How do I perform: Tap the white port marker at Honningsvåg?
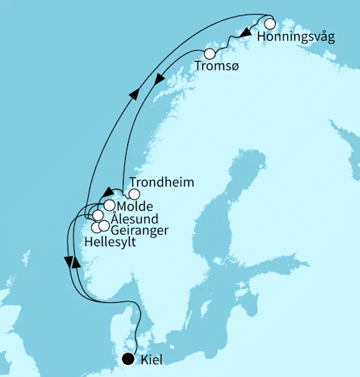coord(270,23)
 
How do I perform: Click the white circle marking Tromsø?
coord(209,54)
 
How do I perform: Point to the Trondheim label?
coord(161,182)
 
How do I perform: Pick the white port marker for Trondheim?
coord(134,194)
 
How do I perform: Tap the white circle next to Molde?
coord(109,206)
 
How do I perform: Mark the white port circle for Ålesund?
coord(97,216)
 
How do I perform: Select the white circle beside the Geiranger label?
coord(104,226)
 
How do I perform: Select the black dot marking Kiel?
coord(129,358)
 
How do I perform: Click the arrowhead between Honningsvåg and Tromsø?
coord(246,33)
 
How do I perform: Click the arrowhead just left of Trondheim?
coord(105,190)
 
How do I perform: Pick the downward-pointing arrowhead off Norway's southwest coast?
coord(67,259)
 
